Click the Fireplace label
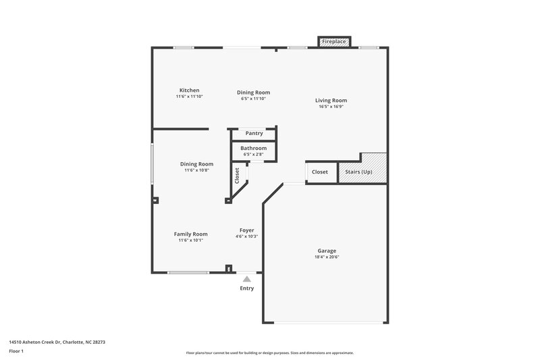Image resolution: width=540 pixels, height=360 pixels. [334, 42]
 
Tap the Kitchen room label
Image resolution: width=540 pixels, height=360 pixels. [189, 91]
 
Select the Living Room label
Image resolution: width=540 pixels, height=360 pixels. [331, 101]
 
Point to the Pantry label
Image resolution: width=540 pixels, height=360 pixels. [254, 133]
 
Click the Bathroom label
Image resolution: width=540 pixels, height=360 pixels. [254, 148]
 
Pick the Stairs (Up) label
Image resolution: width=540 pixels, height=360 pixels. [358, 172]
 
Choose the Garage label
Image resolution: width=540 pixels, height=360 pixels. [327, 251]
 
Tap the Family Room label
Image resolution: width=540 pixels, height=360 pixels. [190, 234]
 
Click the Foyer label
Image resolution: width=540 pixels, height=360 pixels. [247, 230]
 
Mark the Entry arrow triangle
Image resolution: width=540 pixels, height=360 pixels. [247, 279]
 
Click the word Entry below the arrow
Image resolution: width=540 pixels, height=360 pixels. [247, 288]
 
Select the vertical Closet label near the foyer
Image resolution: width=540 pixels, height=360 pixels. [237, 176]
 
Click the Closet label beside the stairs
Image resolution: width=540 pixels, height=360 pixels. [320, 172]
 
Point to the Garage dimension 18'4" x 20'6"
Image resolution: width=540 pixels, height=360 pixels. [327, 257]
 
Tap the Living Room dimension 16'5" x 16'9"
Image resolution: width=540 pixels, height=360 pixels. [331, 107]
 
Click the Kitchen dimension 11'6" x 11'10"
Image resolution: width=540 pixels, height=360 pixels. [189, 97]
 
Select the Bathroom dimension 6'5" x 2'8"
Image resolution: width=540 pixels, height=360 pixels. [254, 154]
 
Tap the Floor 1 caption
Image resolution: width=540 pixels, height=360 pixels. [16, 351]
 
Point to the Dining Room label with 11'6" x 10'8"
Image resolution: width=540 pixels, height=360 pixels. [196, 163]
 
